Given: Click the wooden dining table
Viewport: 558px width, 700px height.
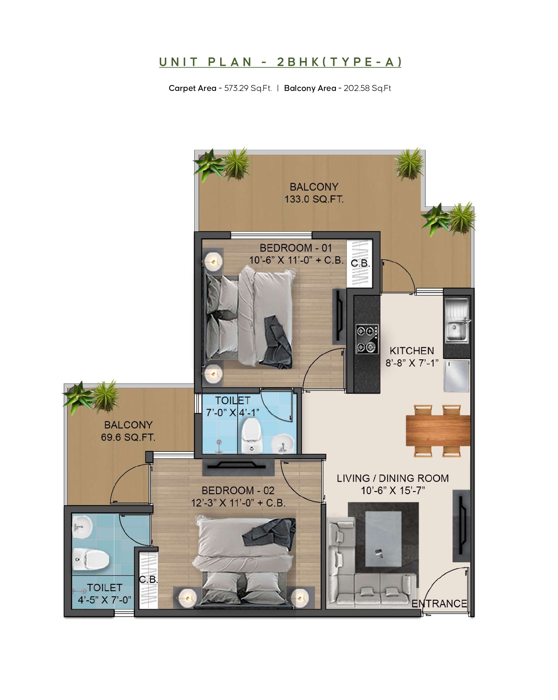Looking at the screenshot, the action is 438,431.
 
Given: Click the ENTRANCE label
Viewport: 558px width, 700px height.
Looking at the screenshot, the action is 439,604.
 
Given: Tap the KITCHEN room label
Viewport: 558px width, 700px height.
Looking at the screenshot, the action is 412,351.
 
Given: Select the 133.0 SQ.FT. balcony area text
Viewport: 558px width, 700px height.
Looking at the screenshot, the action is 314,199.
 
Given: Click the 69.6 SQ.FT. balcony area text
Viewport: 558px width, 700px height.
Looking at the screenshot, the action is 128,437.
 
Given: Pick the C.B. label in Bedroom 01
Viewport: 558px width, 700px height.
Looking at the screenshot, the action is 360,263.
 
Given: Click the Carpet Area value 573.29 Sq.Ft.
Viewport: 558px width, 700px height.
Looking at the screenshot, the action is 248,88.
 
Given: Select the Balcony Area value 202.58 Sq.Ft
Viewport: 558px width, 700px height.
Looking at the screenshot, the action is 367,88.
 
